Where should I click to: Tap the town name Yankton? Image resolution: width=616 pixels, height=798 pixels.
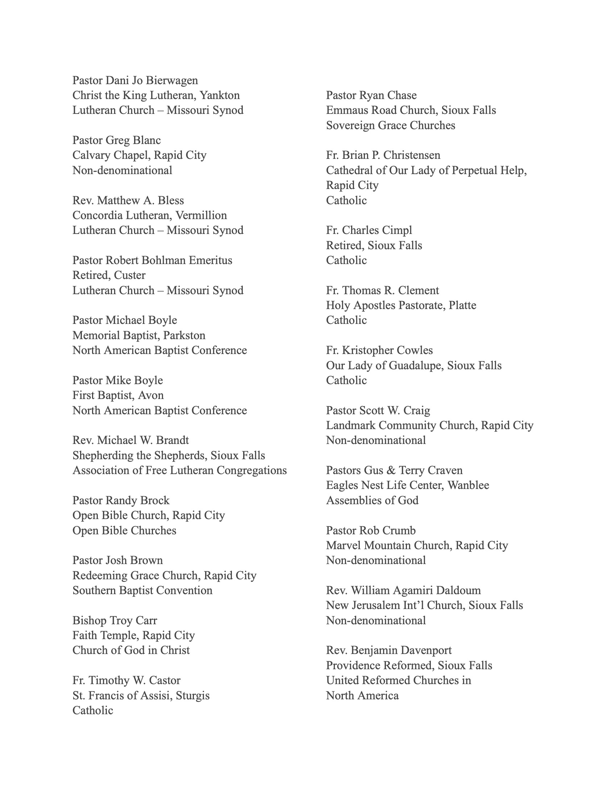tap(220, 95)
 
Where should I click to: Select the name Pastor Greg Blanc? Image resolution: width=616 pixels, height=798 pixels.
tap(116, 140)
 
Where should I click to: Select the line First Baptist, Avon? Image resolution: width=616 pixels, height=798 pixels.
tap(118, 395)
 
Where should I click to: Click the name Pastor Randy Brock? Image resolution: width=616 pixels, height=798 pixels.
tap(121, 501)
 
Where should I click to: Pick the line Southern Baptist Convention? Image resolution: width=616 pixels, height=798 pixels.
tap(142, 591)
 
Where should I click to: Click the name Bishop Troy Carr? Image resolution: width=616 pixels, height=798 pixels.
tap(115, 620)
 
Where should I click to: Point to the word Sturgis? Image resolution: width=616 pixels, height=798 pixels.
tap(193, 695)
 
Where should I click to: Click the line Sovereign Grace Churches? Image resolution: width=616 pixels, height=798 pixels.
tap(391, 126)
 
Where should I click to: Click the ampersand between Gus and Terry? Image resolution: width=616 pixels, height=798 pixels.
tap(390, 470)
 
